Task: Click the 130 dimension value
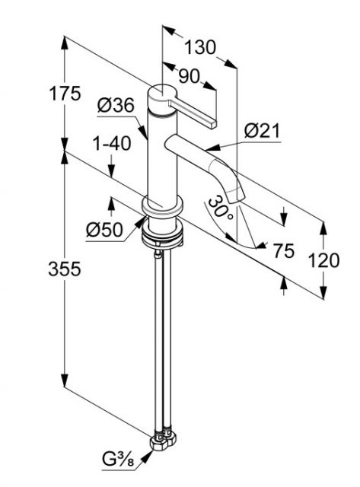(x=200, y=47)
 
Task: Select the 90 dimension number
(x=189, y=76)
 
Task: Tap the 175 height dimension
(x=65, y=93)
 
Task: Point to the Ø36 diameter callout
(x=116, y=105)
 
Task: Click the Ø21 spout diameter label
(x=262, y=131)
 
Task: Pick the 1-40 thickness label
(x=112, y=144)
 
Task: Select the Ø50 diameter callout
(x=105, y=230)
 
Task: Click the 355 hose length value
(x=65, y=269)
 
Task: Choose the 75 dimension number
(x=284, y=250)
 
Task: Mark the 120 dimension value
(x=323, y=260)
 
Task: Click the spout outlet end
(x=237, y=198)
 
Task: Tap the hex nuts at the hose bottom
(x=163, y=441)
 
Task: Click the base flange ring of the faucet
(x=162, y=205)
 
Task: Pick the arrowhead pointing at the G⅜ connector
(x=148, y=455)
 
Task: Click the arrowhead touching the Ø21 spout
(x=213, y=147)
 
